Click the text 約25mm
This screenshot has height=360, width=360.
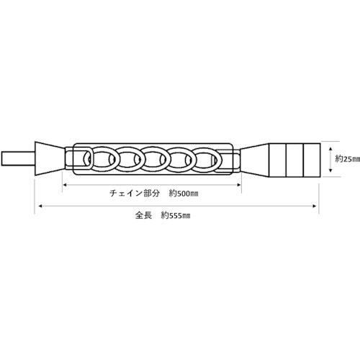(x=348, y=159)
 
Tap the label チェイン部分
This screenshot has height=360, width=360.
(x=135, y=193)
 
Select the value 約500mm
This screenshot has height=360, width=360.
(x=184, y=194)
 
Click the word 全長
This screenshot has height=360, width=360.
(x=143, y=215)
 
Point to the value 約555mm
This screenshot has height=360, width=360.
(x=176, y=215)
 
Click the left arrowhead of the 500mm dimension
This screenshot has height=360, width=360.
(x=64, y=184)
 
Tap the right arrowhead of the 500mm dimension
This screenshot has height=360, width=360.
(x=239, y=184)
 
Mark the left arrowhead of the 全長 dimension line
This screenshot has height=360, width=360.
(x=41, y=206)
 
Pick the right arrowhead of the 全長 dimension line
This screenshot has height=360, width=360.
(x=315, y=206)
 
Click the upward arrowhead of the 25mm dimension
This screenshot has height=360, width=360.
(x=330, y=149)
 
